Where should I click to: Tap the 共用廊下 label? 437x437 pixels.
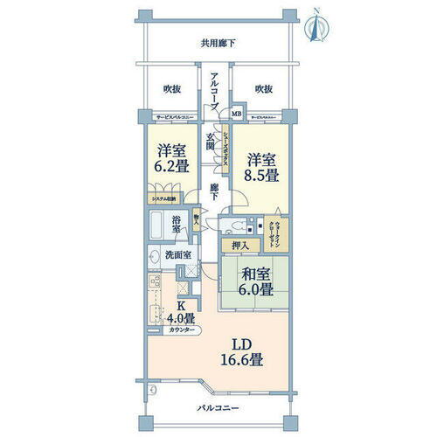point(218,43)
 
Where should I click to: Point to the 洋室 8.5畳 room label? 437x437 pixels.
point(261,167)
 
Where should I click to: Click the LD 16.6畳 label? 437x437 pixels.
point(246,350)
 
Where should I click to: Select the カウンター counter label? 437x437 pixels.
point(182,331)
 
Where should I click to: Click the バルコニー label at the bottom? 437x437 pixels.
point(217,408)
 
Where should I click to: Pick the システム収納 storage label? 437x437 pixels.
point(164,199)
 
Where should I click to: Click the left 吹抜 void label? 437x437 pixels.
point(171,89)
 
